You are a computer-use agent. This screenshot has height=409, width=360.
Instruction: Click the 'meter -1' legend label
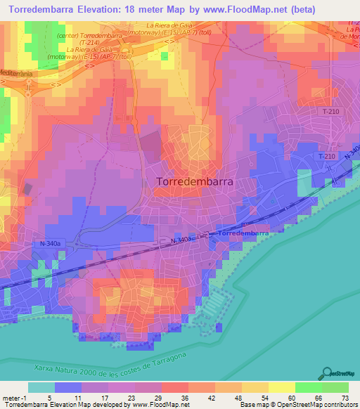(13, 398)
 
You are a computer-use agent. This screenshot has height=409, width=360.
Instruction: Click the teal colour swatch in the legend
(41, 387)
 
